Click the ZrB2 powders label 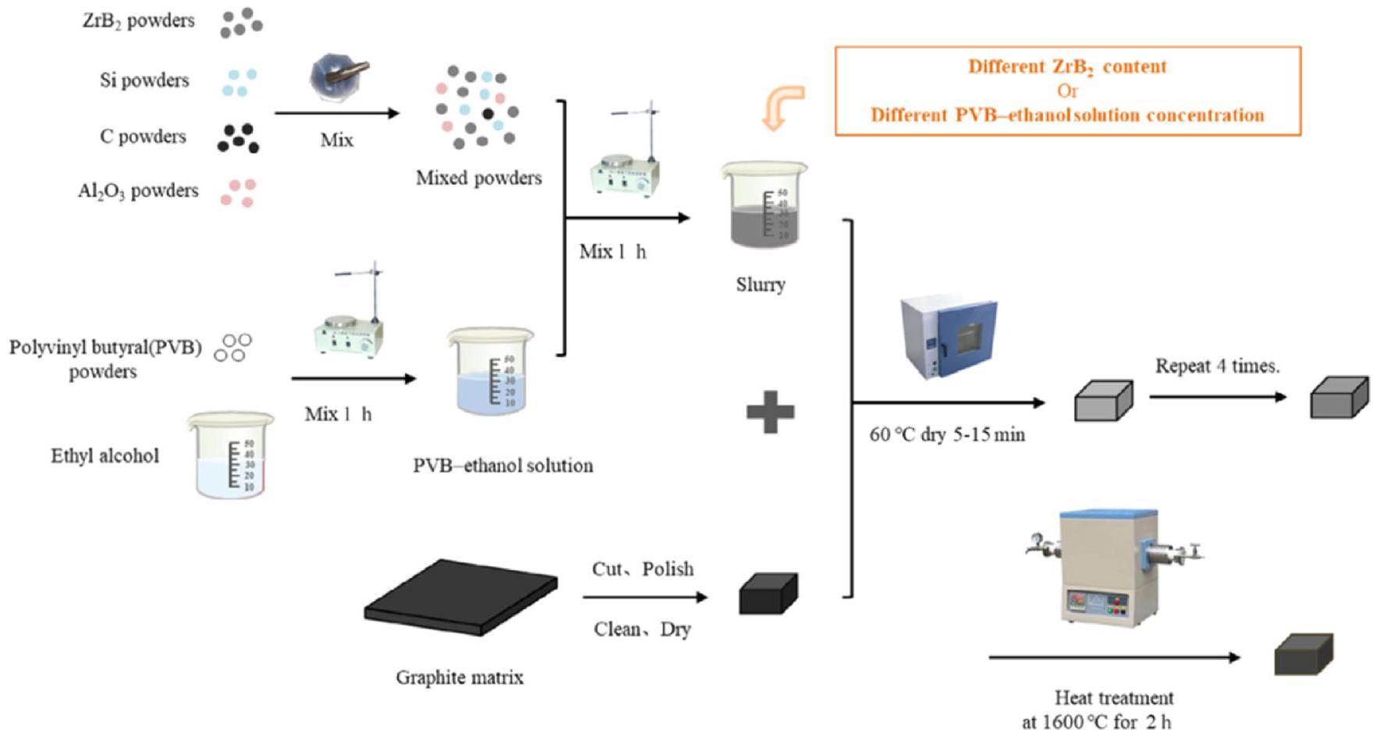coord(138,21)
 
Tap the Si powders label coord(144,80)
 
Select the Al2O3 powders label coord(138,191)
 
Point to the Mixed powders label coord(478,178)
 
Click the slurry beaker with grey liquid coord(764,207)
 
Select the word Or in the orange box coord(1067,90)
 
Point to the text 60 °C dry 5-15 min coord(947,434)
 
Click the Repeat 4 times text coord(1217,366)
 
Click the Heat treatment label coord(1113,697)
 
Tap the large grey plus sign coord(770,411)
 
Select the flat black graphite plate coord(460,597)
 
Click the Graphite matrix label coord(459,677)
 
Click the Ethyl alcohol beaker coord(231,455)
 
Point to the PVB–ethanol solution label coord(502,466)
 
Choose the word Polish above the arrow coord(668,568)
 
